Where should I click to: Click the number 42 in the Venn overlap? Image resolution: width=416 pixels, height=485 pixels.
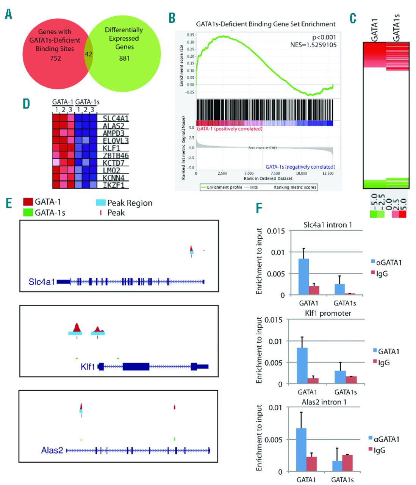point(88,54)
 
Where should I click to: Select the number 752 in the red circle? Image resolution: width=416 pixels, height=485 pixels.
point(55,58)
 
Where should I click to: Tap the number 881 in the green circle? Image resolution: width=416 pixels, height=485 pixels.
point(124,58)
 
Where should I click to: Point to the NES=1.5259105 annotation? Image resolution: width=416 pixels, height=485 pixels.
point(313,45)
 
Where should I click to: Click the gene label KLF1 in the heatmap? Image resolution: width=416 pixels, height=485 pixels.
point(111,148)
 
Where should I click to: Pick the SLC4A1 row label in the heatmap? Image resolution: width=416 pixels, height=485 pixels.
point(116,119)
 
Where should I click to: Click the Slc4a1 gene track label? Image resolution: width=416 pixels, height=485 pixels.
point(42,282)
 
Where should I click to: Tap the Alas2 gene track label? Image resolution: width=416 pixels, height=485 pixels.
point(52,451)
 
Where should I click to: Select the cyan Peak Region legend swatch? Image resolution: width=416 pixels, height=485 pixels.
point(101,203)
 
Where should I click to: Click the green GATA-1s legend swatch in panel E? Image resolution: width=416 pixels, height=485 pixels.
point(28,213)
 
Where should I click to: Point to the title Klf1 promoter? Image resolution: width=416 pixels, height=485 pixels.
point(328,313)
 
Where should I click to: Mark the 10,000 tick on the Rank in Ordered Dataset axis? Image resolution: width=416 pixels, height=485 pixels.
point(301,173)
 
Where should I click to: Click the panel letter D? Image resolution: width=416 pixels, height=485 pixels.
point(26,103)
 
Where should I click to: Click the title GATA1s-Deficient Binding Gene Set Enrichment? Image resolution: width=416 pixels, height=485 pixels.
point(266,24)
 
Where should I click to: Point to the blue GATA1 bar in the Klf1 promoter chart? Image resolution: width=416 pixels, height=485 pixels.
point(302,366)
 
